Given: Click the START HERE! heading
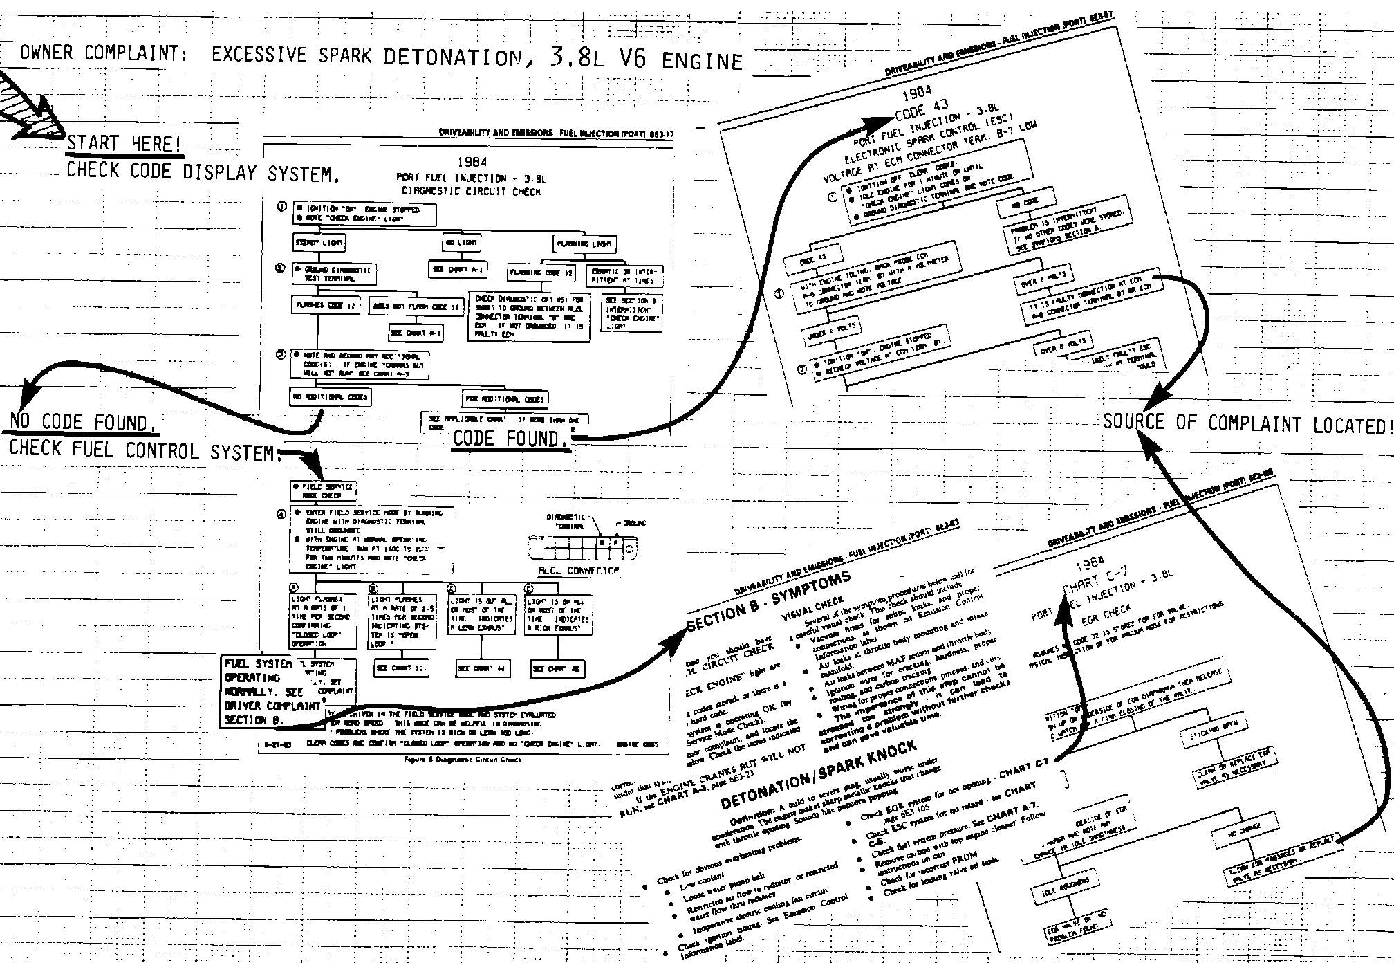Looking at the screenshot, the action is tap(124, 144).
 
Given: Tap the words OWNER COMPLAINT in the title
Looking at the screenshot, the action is tap(104, 53).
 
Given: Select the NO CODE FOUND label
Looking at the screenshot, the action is tap(80, 421).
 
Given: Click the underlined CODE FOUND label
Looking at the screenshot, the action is tap(510, 438).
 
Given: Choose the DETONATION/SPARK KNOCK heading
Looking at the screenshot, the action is tap(819, 773).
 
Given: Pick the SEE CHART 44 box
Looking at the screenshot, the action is tap(482, 669).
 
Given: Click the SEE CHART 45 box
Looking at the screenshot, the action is tap(557, 669).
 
